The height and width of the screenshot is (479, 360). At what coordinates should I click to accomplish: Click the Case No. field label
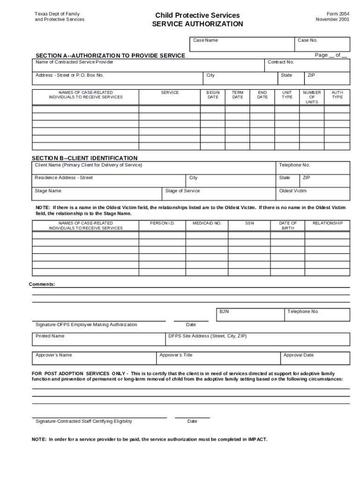[x=308, y=40]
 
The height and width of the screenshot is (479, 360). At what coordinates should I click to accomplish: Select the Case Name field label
[x=206, y=40]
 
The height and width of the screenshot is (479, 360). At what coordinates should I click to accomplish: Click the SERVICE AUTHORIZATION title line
[x=197, y=24]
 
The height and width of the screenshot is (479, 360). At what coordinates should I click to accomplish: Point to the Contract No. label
[x=281, y=62]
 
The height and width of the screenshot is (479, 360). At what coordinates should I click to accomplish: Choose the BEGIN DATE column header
[x=213, y=95]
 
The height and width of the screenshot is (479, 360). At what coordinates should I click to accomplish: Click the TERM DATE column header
[x=238, y=95]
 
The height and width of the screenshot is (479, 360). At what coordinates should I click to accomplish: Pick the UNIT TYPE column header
[x=287, y=95]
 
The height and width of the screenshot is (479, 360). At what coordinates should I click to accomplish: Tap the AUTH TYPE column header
[x=337, y=95]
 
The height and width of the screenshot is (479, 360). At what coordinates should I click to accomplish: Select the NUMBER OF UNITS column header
[x=312, y=97]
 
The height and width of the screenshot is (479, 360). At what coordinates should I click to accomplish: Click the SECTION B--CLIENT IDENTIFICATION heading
[x=85, y=158]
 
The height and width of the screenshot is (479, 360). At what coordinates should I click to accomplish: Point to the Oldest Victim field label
[x=293, y=191]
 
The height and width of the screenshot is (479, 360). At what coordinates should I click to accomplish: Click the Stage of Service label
[x=182, y=191]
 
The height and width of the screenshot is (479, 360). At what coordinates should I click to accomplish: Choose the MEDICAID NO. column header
[x=207, y=224]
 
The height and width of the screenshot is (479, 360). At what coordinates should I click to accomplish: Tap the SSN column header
[x=250, y=224]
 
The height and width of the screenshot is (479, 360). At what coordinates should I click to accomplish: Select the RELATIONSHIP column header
[x=328, y=224]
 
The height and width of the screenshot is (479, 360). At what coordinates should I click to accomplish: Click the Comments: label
[x=42, y=284]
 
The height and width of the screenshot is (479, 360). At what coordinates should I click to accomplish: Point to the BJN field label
[x=224, y=312]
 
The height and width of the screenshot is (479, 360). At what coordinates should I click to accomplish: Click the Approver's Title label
[x=176, y=355]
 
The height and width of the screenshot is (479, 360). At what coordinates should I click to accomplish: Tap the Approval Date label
[x=298, y=355]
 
